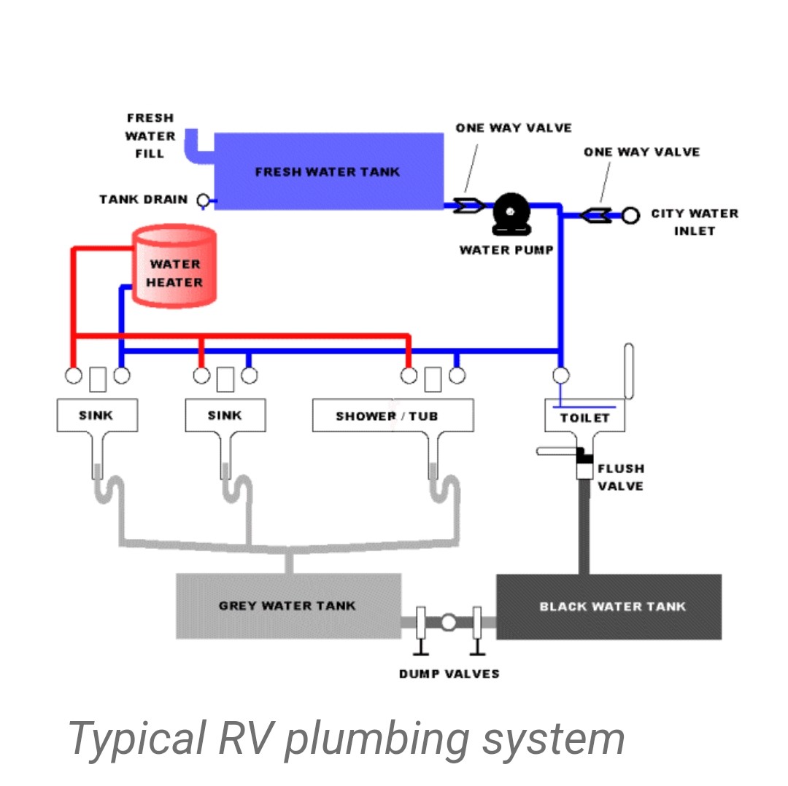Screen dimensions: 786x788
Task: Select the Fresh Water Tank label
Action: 328,172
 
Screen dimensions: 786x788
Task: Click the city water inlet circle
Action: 631,216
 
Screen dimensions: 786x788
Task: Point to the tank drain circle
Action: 203,200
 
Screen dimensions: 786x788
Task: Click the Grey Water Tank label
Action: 287,606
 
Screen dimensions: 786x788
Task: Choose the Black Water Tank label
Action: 612,607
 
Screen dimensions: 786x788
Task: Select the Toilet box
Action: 585,417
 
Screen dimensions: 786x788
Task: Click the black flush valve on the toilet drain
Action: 584,456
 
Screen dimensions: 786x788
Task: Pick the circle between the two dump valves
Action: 449,623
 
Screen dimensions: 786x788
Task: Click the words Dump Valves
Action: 449,674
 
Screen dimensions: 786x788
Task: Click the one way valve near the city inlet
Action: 598,216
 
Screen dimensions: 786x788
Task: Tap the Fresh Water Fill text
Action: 150,136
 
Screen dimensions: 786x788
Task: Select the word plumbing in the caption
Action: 376,738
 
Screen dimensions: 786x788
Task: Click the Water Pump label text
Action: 506,250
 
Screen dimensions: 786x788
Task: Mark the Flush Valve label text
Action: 621,478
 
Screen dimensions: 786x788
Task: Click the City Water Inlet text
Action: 694,222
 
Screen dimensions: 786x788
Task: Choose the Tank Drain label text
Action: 144,200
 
